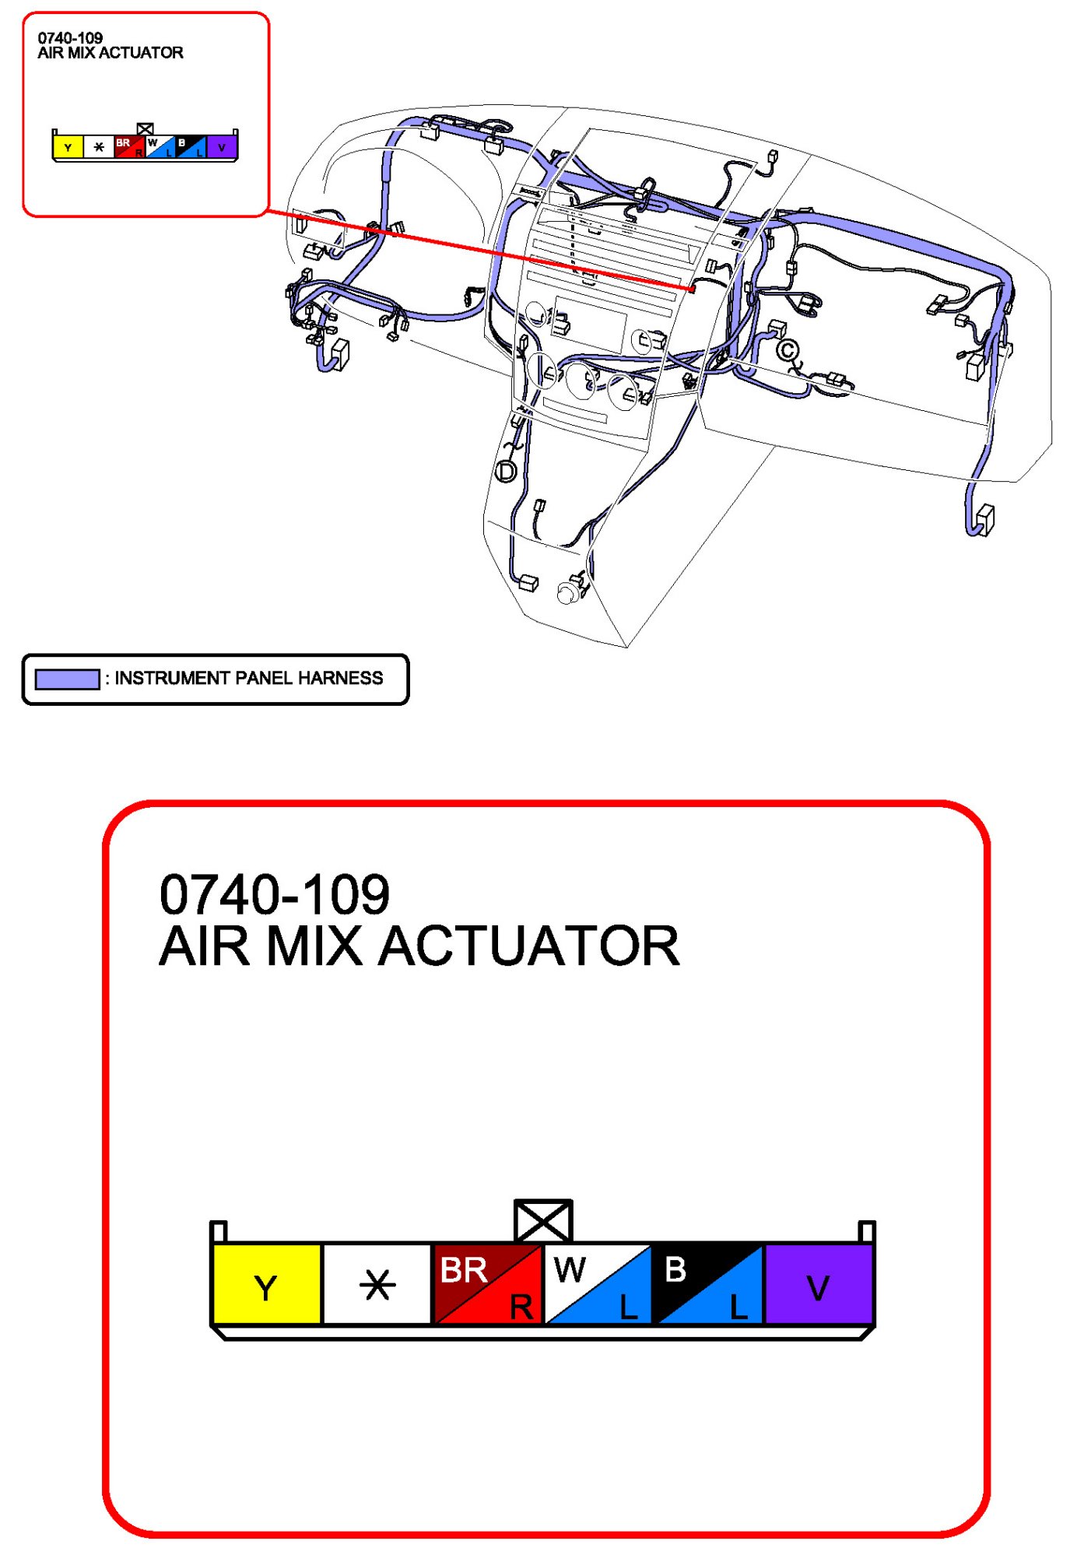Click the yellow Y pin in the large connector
(266, 1285)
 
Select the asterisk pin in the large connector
(377, 1285)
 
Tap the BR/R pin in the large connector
(487, 1285)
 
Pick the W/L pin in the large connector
(598, 1285)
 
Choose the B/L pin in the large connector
(708, 1285)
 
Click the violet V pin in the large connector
(819, 1285)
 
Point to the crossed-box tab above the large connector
(543, 1220)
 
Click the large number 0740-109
(274, 894)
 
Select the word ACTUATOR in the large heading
(528, 947)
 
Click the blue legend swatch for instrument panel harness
(67, 679)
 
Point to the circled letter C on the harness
(788, 351)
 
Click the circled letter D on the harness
(506, 472)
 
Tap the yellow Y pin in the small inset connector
(68, 147)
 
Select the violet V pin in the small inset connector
(222, 147)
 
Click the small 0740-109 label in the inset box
(70, 38)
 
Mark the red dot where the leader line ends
(691, 290)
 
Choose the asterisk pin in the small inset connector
(99, 147)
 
